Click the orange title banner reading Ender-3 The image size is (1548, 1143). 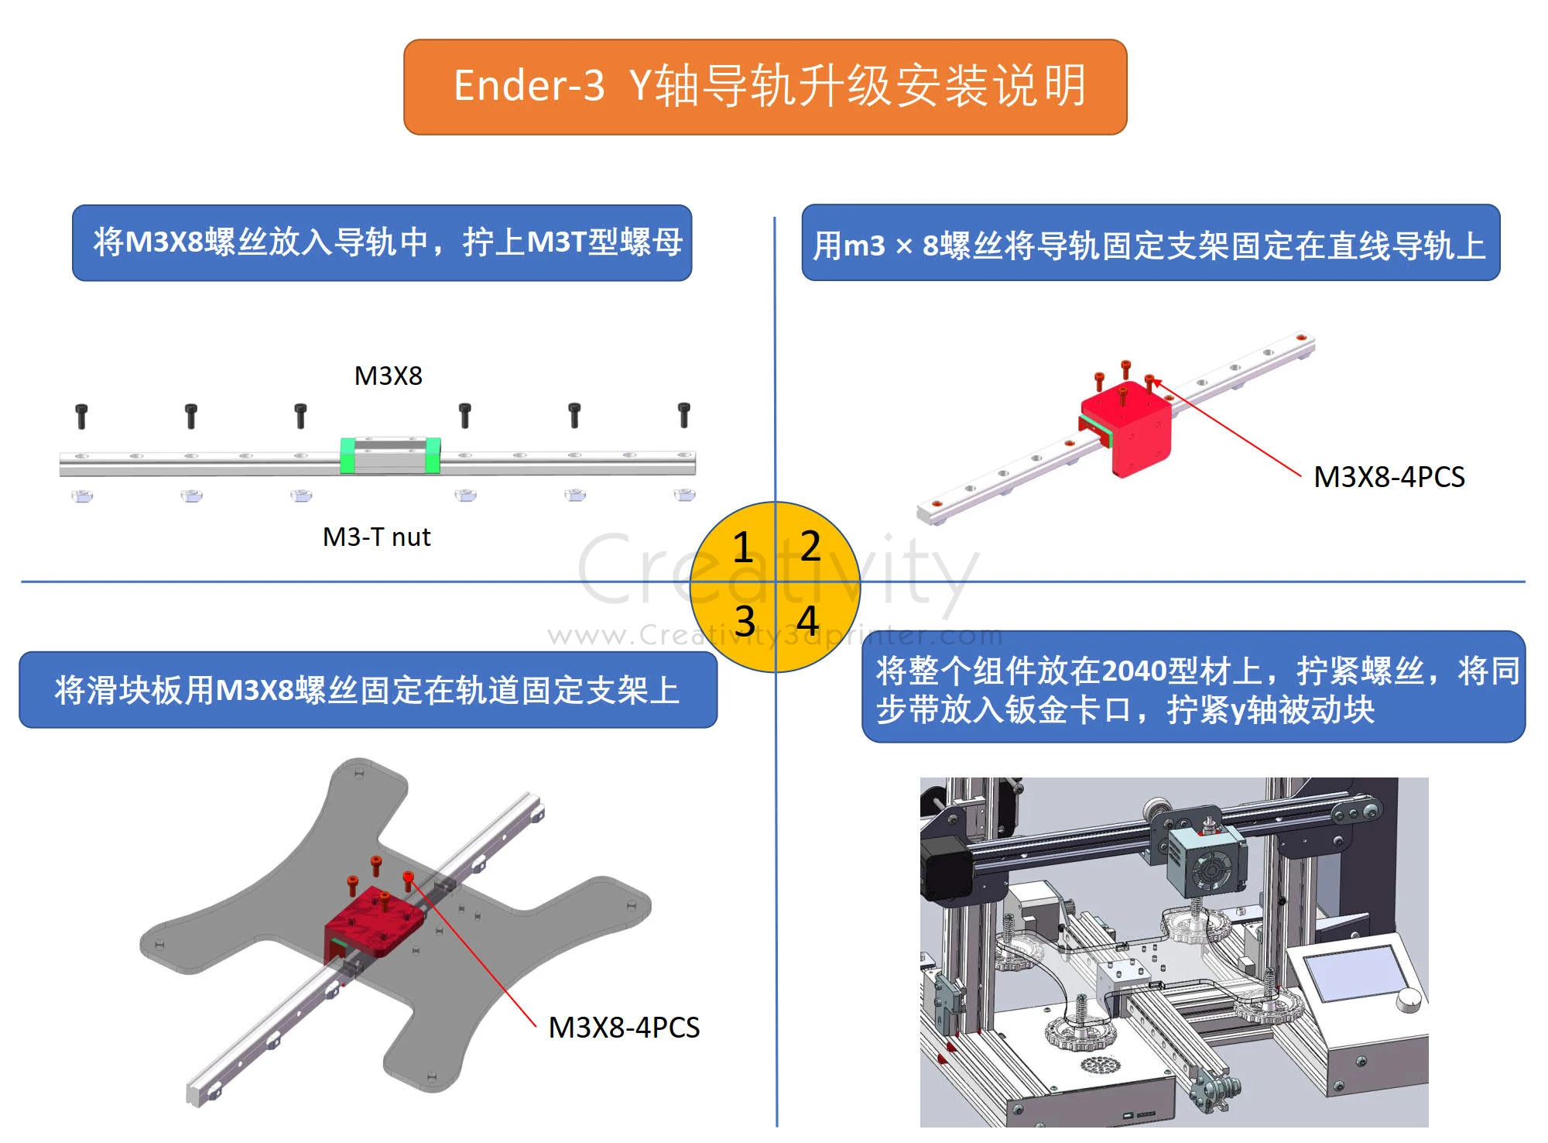(x=765, y=87)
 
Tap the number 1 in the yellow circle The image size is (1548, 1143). (x=742, y=547)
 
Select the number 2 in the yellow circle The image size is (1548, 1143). (x=810, y=545)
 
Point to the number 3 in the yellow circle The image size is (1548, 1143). (x=744, y=621)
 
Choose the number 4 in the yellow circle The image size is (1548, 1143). (x=807, y=620)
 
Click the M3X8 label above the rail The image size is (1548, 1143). (x=388, y=376)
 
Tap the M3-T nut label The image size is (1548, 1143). (x=376, y=537)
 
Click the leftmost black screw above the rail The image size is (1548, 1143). (x=81, y=416)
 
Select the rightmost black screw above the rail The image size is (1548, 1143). (x=683, y=414)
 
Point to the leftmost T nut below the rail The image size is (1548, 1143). (x=82, y=496)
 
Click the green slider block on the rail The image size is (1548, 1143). (x=390, y=455)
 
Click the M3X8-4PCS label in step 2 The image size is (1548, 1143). (x=1389, y=477)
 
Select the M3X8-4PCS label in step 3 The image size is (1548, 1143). (x=624, y=1028)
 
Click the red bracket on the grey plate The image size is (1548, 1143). (x=373, y=924)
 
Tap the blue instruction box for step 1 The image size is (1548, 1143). (x=382, y=242)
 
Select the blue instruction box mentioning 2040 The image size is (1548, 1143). (x=1193, y=688)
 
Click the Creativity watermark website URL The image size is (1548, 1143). (x=774, y=636)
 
